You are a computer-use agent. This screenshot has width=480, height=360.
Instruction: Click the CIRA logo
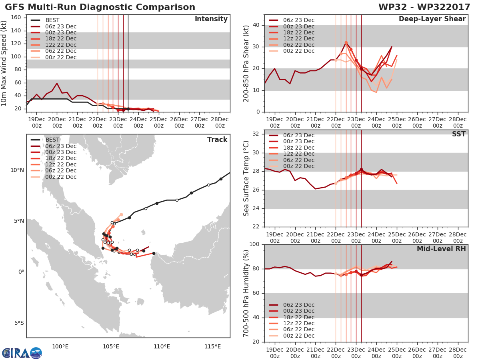(x=22, y=353)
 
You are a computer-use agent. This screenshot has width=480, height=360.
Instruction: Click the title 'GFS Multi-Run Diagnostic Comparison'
(x=100, y=7)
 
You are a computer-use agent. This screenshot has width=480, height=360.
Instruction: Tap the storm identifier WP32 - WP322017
(x=424, y=7)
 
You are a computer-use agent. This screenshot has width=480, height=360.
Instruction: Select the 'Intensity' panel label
(x=211, y=19)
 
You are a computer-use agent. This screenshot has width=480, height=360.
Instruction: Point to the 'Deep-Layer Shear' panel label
(x=432, y=19)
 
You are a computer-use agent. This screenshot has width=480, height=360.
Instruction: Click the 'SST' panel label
(x=459, y=134)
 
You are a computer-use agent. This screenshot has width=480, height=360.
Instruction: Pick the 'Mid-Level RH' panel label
(x=441, y=249)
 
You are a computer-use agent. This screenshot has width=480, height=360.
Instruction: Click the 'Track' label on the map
(x=217, y=140)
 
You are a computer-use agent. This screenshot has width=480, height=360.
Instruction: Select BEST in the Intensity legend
(x=52, y=20)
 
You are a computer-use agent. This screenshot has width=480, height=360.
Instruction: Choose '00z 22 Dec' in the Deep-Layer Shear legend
(x=299, y=51)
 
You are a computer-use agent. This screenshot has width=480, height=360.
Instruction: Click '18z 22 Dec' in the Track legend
(x=61, y=158)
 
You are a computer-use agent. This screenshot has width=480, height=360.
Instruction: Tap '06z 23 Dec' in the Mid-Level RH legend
(x=299, y=305)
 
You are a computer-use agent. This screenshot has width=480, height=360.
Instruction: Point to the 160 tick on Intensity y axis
(x=16, y=18)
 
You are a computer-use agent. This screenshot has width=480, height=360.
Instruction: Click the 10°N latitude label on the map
(x=17, y=170)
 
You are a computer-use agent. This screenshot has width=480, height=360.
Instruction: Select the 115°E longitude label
(x=213, y=347)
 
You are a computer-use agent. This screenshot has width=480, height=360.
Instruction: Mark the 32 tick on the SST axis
(x=256, y=134)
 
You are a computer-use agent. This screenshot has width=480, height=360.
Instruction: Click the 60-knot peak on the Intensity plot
(x=57, y=83)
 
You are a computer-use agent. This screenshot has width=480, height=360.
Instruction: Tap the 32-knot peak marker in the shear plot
(x=346, y=43)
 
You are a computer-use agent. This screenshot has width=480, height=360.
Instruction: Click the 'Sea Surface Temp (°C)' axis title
(x=246, y=178)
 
